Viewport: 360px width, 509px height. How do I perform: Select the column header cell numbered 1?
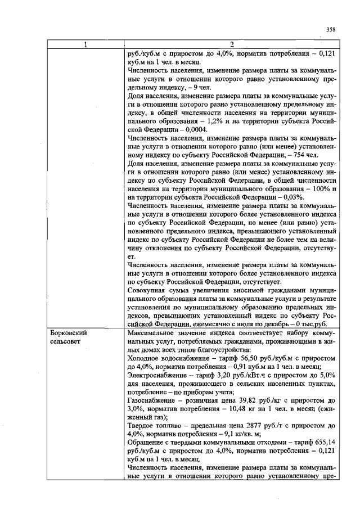[85, 44]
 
